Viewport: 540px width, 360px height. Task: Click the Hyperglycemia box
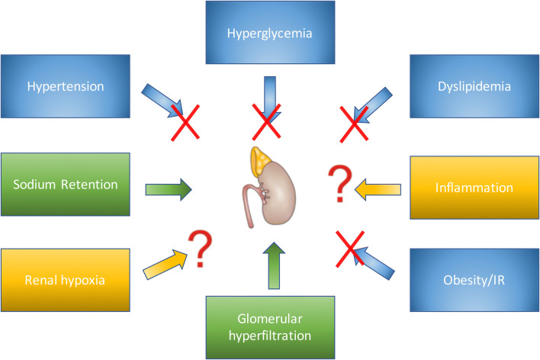click(x=270, y=34)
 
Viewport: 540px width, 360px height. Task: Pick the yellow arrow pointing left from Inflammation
click(x=378, y=188)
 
